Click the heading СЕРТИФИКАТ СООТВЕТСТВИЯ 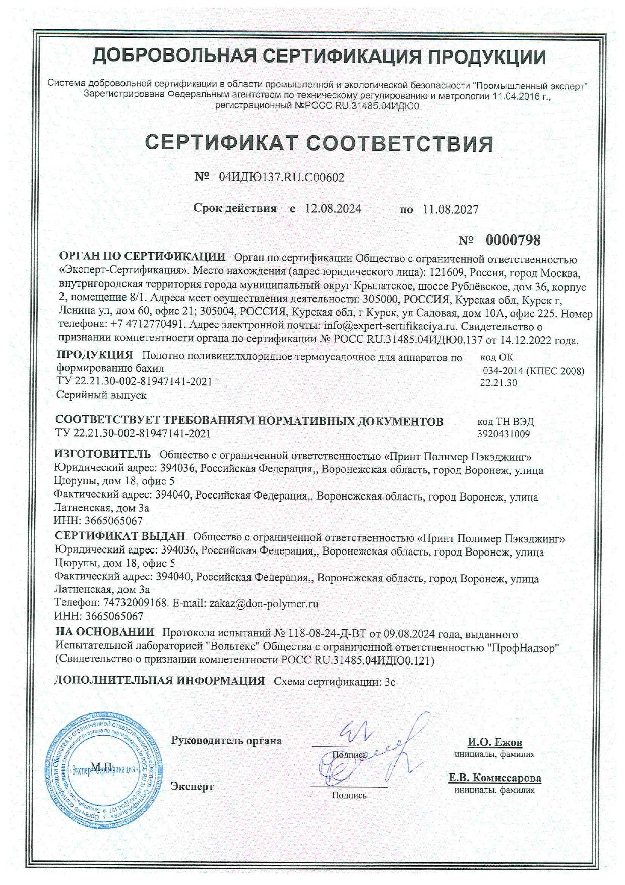(319, 144)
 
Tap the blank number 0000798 (513, 240)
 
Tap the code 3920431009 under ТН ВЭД (503, 433)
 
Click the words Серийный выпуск (101, 395)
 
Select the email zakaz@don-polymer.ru (264, 603)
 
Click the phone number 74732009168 (135, 603)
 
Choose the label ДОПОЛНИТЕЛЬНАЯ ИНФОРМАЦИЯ (160, 681)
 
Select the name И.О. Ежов (495, 743)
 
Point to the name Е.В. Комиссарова (494, 778)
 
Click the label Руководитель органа (226, 741)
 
